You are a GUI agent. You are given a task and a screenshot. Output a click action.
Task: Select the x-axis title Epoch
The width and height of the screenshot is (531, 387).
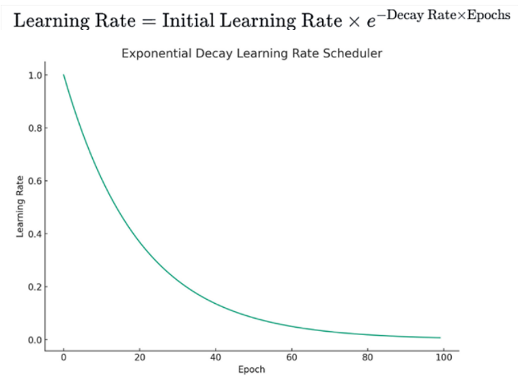[251, 370]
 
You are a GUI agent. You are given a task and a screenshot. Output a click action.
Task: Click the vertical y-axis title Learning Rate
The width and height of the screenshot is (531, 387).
[20, 207]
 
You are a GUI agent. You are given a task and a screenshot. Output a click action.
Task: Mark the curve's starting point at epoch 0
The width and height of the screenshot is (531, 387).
[63, 75]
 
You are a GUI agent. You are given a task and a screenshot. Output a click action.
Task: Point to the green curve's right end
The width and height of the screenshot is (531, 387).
[440, 337]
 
